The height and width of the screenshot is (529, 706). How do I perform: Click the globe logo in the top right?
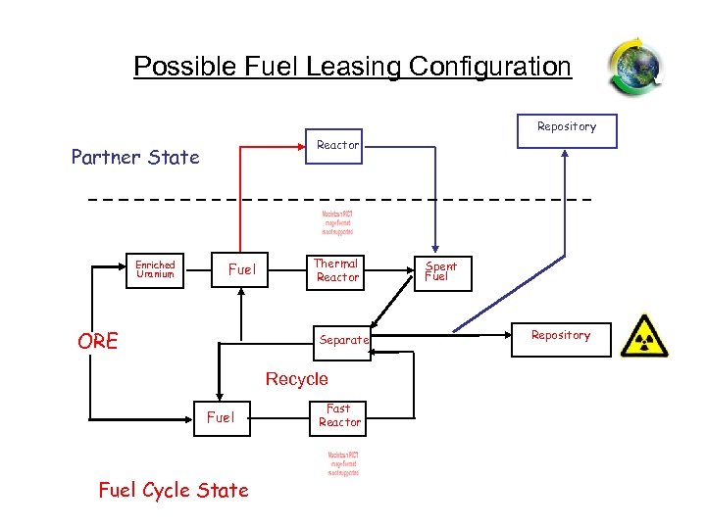coord(634,68)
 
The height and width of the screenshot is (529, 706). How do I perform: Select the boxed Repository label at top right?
coord(567,127)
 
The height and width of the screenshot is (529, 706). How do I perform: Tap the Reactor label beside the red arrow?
coord(338,145)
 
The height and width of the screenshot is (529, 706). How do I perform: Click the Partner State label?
coord(135,157)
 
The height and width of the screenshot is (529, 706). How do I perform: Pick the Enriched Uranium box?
coord(155,269)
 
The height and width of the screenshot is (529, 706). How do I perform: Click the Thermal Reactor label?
coord(337,270)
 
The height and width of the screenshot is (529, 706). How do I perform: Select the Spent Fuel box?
coord(440,271)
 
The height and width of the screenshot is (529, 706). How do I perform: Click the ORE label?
coord(98,341)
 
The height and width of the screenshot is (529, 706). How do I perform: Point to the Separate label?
coord(343,340)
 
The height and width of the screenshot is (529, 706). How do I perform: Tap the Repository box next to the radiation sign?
coord(561,336)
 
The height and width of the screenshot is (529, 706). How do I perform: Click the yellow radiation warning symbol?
coord(644,336)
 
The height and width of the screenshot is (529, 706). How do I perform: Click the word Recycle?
coord(297,379)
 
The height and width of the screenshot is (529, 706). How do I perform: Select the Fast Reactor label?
coord(339,415)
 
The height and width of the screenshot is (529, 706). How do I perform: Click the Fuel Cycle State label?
coord(174,490)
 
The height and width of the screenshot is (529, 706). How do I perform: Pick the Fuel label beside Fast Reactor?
coord(221,417)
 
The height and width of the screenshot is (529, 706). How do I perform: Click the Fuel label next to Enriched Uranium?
coord(241,269)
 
